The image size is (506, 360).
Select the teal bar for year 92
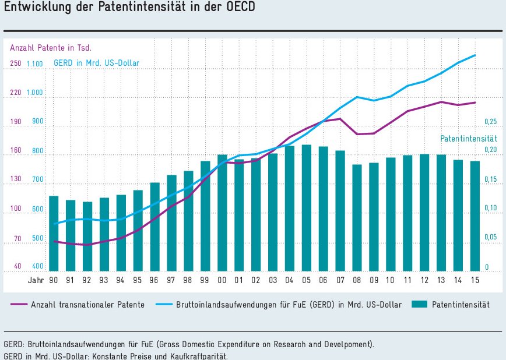(87, 236)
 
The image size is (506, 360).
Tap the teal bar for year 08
(357, 218)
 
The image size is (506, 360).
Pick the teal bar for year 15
(475, 216)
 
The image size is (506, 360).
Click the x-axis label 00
(222, 281)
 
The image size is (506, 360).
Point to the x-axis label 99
(205, 281)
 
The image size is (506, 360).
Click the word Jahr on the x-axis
(36, 281)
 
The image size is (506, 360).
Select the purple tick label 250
(16, 63)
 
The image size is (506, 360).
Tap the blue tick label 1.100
(34, 63)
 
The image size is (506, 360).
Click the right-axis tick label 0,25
(491, 122)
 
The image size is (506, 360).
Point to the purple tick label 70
(17, 239)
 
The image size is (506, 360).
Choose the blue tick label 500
(37, 239)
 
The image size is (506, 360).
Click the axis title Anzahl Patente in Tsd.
(51, 47)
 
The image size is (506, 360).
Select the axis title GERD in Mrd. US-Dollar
(96, 63)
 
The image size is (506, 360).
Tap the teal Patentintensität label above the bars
(468, 139)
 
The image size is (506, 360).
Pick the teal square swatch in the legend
(419, 305)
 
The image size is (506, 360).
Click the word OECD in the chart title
(240, 9)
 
